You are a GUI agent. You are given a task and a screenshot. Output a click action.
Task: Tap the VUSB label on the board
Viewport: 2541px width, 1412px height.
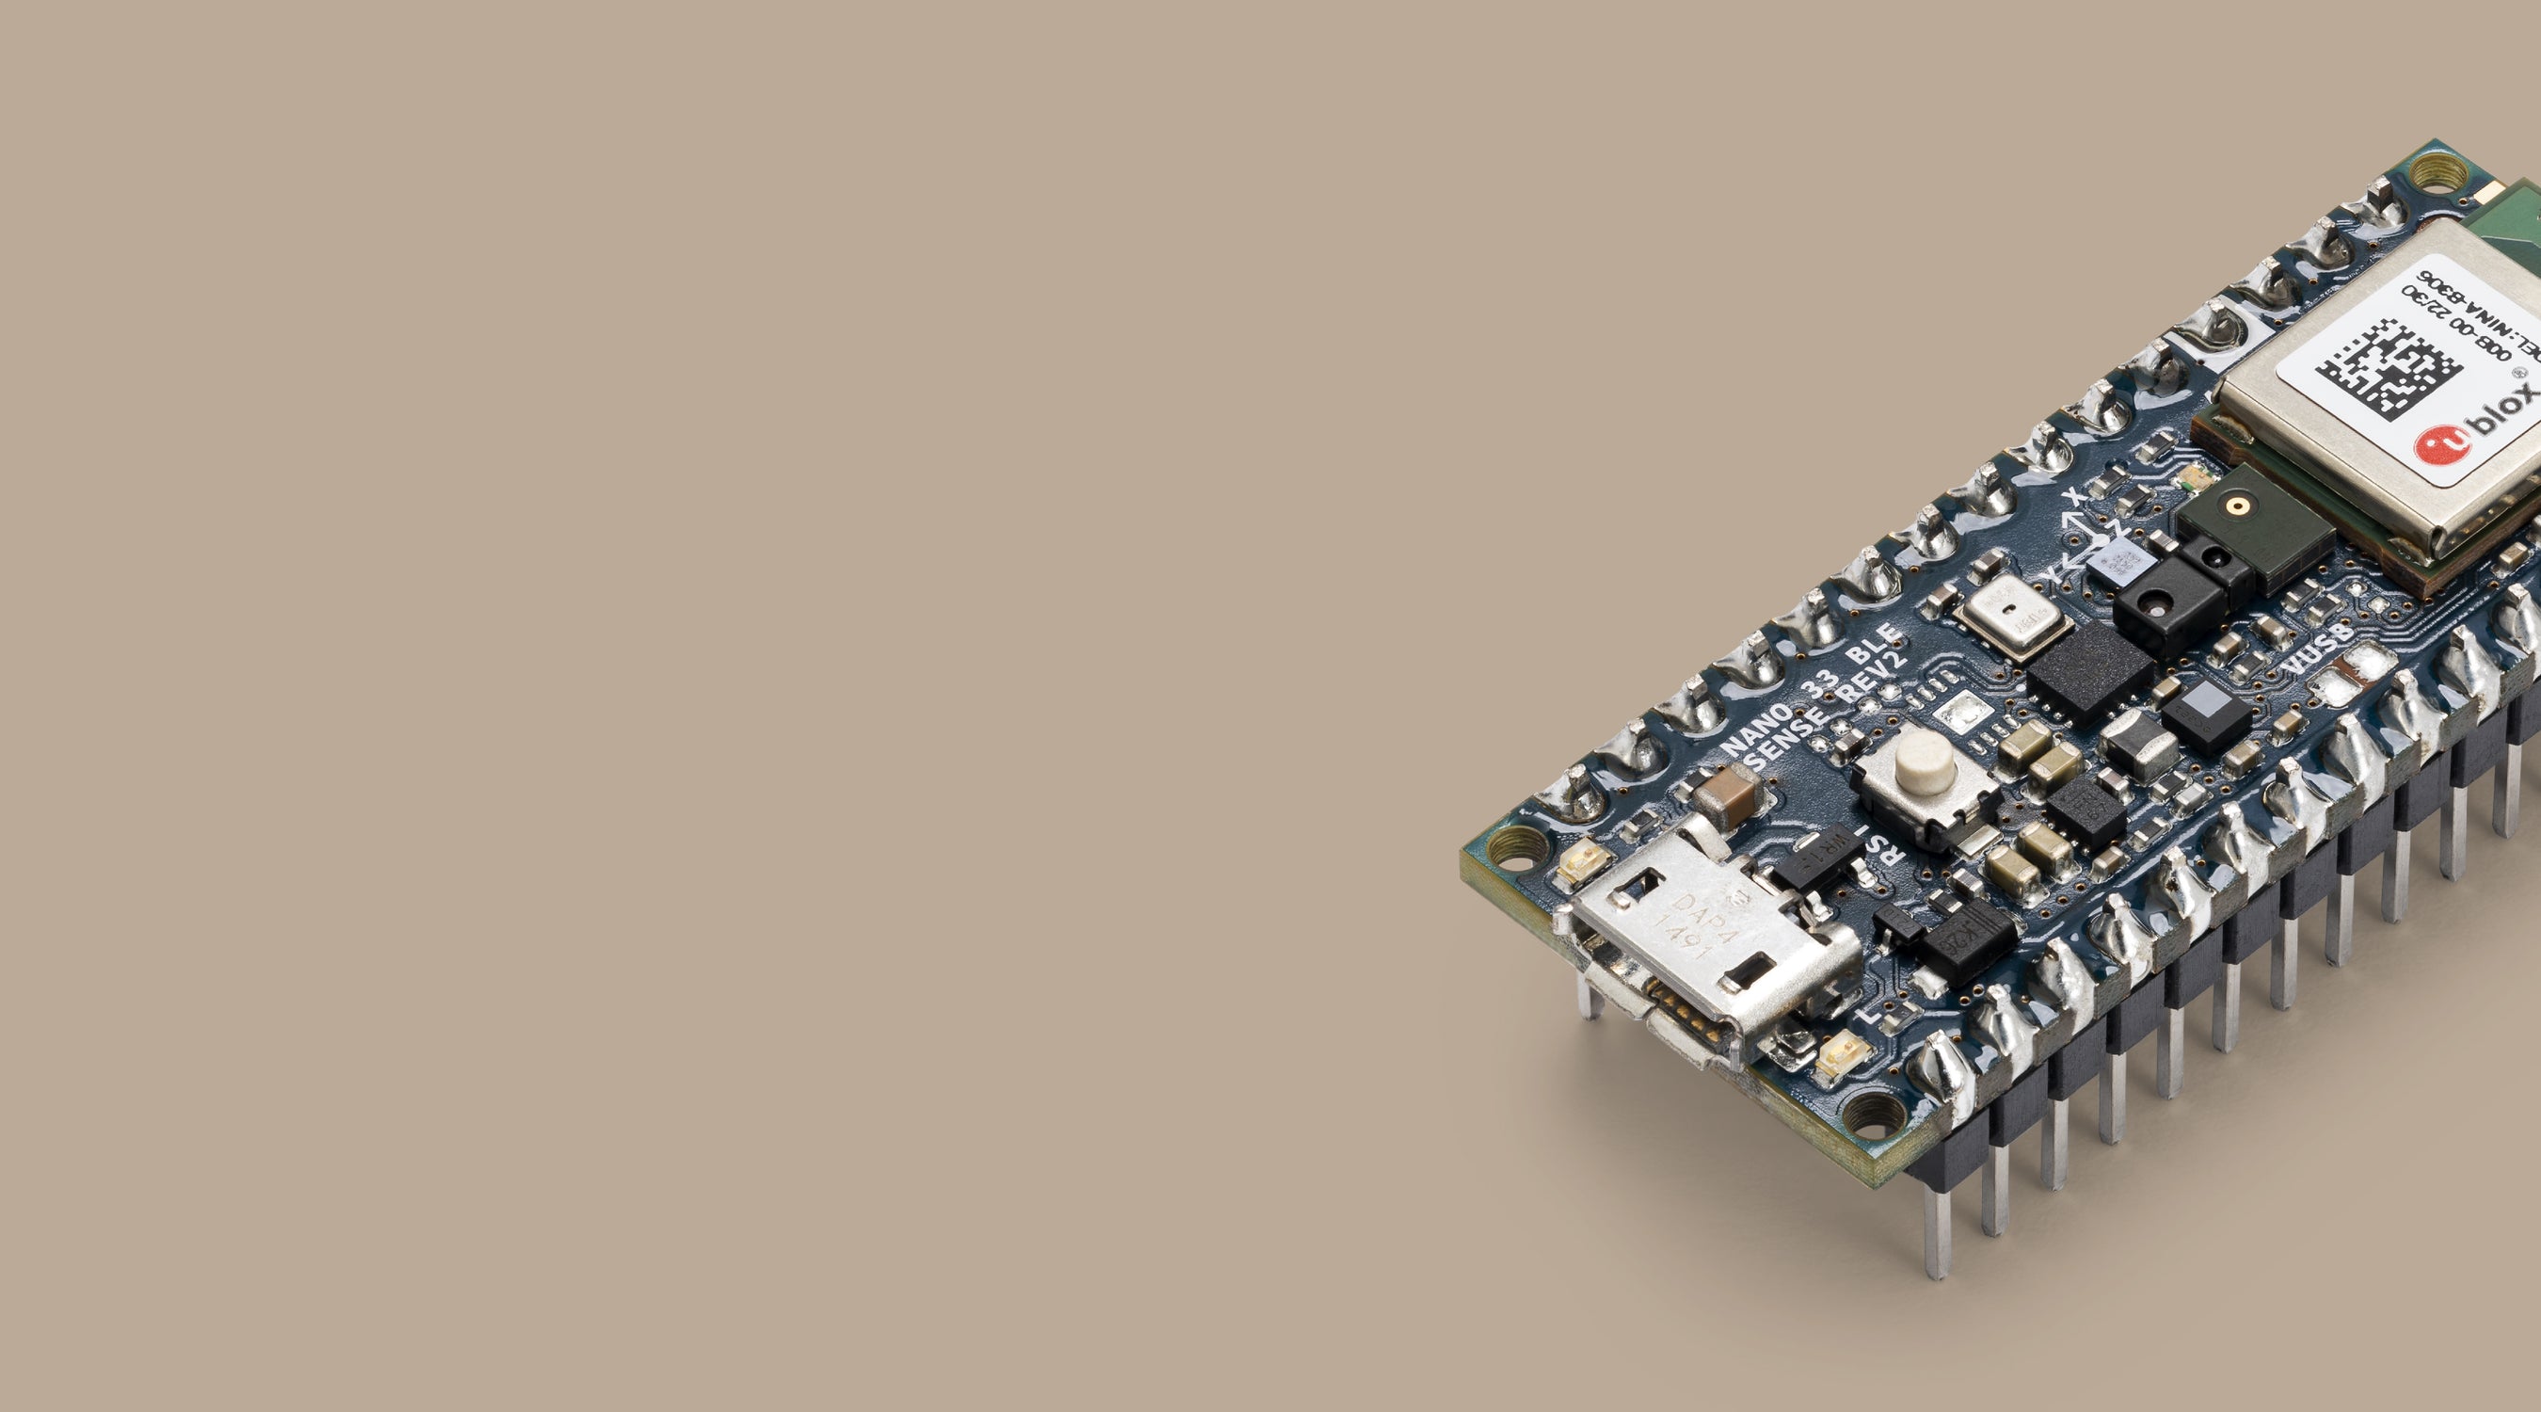point(2318,650)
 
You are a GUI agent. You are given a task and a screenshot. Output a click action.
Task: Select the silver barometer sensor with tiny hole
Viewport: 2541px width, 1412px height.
point(2009,616)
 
